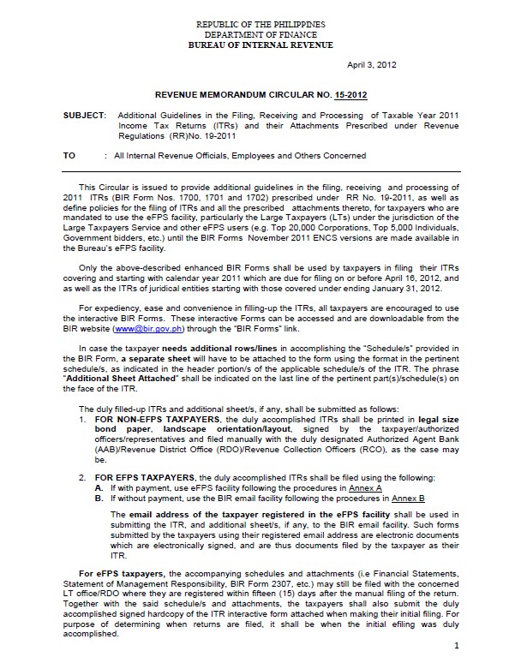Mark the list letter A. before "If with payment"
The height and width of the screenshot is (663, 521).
click(x=99, y=487)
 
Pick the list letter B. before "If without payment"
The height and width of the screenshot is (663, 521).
click(x=99, y=497)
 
